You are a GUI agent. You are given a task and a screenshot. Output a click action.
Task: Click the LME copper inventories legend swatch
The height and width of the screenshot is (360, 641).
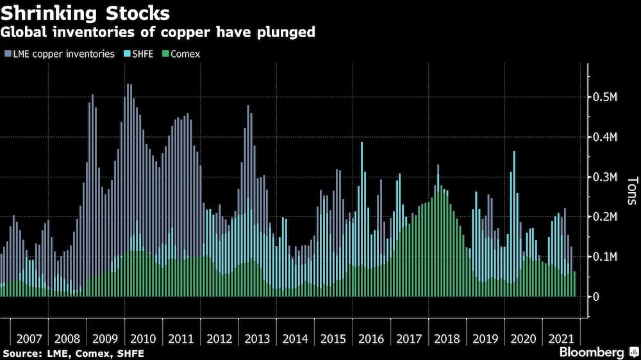(7, 54)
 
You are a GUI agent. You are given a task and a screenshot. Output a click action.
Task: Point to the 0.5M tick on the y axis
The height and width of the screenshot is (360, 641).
(603, 97)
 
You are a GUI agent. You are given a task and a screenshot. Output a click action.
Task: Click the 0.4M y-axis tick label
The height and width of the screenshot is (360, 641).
(603, 137)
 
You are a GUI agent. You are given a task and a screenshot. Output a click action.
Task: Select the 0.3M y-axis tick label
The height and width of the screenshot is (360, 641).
(603, 177)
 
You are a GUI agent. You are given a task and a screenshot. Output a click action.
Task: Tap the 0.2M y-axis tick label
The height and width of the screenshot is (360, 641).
(603, 217)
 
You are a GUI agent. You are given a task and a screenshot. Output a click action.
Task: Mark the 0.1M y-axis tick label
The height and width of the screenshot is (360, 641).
(603, 257)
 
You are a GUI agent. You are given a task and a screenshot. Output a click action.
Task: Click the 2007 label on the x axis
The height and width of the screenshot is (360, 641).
(29, 338)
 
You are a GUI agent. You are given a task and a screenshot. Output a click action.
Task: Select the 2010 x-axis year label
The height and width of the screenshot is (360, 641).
(143, 338)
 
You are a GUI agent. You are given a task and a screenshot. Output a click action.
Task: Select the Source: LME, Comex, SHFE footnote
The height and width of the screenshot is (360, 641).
(73, 353)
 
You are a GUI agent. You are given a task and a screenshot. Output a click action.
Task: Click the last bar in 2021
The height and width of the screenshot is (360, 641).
(574, 284)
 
